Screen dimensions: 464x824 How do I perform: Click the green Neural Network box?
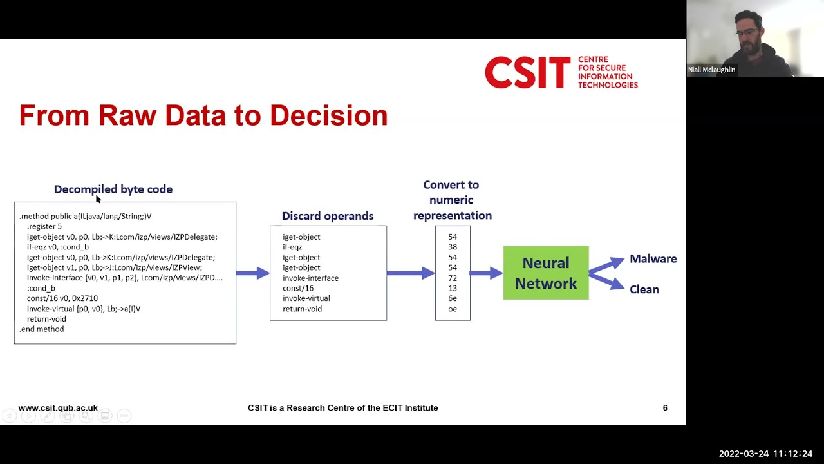(545, 273)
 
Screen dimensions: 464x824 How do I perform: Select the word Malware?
(653, 259)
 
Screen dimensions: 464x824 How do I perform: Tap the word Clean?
(644, 289)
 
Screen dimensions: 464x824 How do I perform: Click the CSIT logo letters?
(527, 72)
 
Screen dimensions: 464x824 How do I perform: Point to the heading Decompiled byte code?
(113, 189)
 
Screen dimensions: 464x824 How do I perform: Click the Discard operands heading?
(328, 216)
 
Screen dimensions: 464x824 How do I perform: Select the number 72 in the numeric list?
(453, 278)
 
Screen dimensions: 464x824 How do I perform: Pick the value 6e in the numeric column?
(453, 298)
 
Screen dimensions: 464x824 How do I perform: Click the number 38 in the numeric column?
(453, 247)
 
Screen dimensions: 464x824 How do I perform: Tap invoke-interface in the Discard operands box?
(310, 278)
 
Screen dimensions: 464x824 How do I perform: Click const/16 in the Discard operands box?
(298, 288)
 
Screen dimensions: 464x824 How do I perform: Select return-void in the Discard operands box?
(302, 309)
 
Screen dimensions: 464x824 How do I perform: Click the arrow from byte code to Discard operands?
(252, 273)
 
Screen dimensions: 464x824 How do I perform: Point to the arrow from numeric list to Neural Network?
(486, 273)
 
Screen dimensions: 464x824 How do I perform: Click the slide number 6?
(665, 408)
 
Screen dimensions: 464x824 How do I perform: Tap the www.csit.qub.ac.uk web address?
(58, 408)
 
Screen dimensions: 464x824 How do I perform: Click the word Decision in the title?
(328, 115)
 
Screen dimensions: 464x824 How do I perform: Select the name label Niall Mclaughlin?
(711, 70)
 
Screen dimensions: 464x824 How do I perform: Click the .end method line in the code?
(42, 329)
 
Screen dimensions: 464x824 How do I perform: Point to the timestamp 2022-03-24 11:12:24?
(765, 454)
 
